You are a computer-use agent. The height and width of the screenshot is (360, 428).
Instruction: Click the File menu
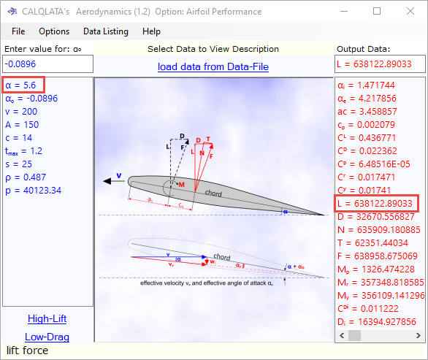pyautogui.click(x=18, y=31)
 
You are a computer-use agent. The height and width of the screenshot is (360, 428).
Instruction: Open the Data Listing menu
pyautogui.click(x=105, y=31)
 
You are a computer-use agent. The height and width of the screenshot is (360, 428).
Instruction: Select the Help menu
pyautogui.click(x=152, y=31)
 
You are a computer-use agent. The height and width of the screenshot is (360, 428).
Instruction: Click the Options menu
pyautogui.click(x=54, y=31)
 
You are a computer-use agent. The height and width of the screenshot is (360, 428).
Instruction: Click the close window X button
pyautogui.click(x=410, y=11)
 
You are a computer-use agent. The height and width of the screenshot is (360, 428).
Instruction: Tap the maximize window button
pyautogui.click(x=377, y=11)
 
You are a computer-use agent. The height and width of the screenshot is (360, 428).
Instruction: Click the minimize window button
pyautogui.click(x=344, y=11)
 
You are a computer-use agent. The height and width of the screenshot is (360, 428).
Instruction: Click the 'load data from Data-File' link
pyautogui.click(x=213, y=67)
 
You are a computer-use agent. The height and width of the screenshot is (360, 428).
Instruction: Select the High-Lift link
pyautogui.click(x=47, y=318)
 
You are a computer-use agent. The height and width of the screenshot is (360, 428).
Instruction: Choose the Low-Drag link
pyautogui.click(x=47, y=337)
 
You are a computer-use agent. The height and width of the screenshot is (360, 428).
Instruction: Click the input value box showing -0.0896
pyautogui.click(x=47, y=64)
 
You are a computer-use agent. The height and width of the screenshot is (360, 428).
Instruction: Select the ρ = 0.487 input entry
pyautogui.click(x=26, y=177)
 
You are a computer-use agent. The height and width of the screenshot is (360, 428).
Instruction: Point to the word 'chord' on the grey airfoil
pyautogui.click(x=234, y=193)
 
